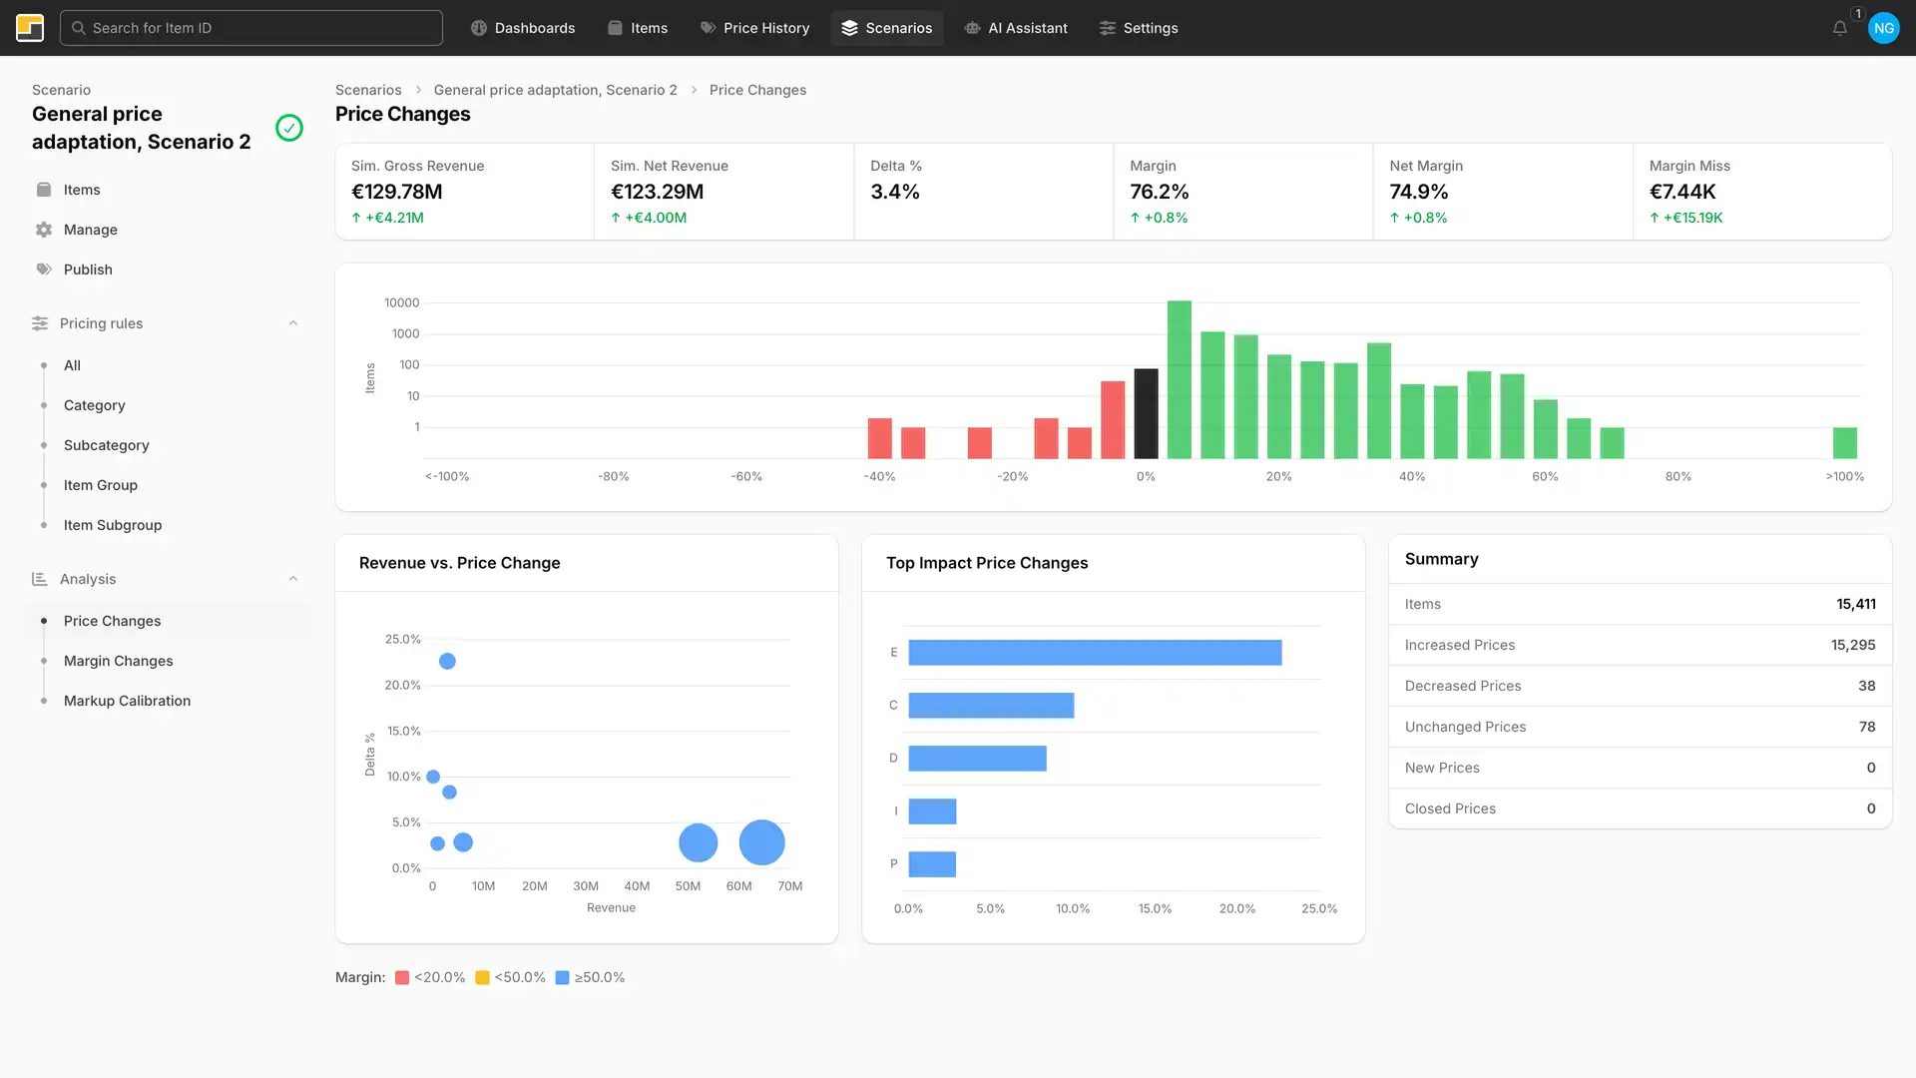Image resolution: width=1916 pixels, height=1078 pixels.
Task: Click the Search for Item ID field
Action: (250, 28)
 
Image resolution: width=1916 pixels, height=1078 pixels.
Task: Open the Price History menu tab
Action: (754, 28)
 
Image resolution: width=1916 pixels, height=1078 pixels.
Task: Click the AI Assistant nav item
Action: (1016, 28)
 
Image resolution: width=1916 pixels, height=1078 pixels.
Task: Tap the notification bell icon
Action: (1839, 28)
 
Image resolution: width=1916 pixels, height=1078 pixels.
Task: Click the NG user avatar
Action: (1883, 28)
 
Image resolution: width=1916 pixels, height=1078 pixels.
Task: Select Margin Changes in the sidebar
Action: (118, 661)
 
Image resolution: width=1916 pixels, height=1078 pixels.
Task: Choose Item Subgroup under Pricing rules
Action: (112, 525)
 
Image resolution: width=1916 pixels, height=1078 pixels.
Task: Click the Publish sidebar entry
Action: (88, 269)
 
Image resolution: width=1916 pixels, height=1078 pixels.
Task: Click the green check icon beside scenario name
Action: (289, 128)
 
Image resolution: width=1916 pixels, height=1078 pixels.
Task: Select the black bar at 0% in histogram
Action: (1146, 413)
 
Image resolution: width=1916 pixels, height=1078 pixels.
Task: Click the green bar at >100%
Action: (1844, 442)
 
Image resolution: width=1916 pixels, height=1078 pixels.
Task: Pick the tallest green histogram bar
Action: (1179, 379)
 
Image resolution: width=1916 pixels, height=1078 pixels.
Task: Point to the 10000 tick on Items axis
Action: (401, 302)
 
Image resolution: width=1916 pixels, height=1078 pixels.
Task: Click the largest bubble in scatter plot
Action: (761, 842)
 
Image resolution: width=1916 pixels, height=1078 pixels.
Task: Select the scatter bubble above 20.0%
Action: (447, 661)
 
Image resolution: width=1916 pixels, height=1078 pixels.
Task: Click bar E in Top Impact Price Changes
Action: (1094, 653)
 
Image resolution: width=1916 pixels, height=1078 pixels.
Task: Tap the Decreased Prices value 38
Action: (1866, 686)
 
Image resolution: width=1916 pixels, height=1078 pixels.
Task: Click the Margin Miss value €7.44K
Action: (1681, 192)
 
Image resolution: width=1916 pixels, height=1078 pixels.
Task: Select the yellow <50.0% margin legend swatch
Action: (482, 978)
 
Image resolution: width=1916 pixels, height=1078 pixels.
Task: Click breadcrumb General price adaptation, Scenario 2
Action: (555, 90)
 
